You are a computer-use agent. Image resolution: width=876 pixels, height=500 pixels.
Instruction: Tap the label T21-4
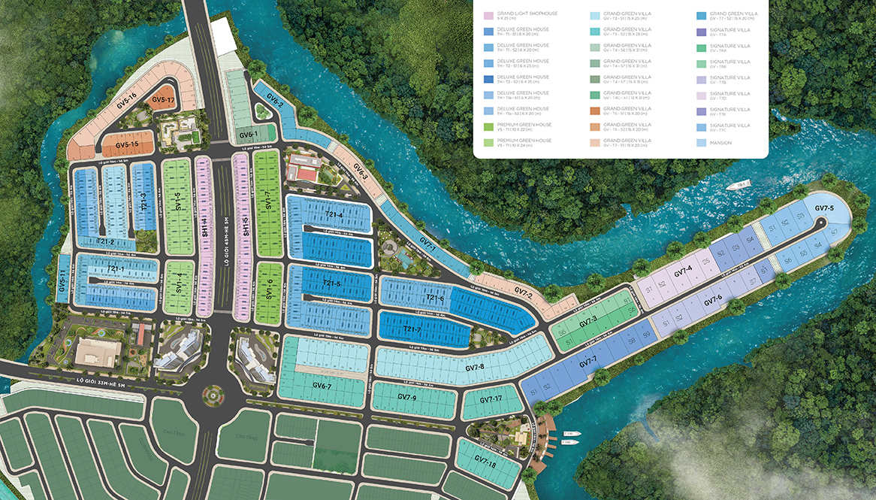click(x=332, y=216)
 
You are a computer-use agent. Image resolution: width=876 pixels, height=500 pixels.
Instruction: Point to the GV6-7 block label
click(x=322, y=386)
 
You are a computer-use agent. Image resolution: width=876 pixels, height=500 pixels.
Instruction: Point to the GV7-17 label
click(x=489, y=399)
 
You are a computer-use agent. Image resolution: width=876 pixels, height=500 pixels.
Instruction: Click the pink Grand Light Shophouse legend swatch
click(x=488, y=15)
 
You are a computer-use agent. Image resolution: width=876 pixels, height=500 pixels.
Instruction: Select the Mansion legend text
click(x=720, y=142)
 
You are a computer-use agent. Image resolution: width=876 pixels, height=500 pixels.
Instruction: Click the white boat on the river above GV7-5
click(x=742, y=183)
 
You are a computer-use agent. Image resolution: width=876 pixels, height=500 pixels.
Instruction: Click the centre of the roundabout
click(x=213, y=392)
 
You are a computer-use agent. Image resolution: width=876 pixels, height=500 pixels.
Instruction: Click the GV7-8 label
click(x=474, y=368)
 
